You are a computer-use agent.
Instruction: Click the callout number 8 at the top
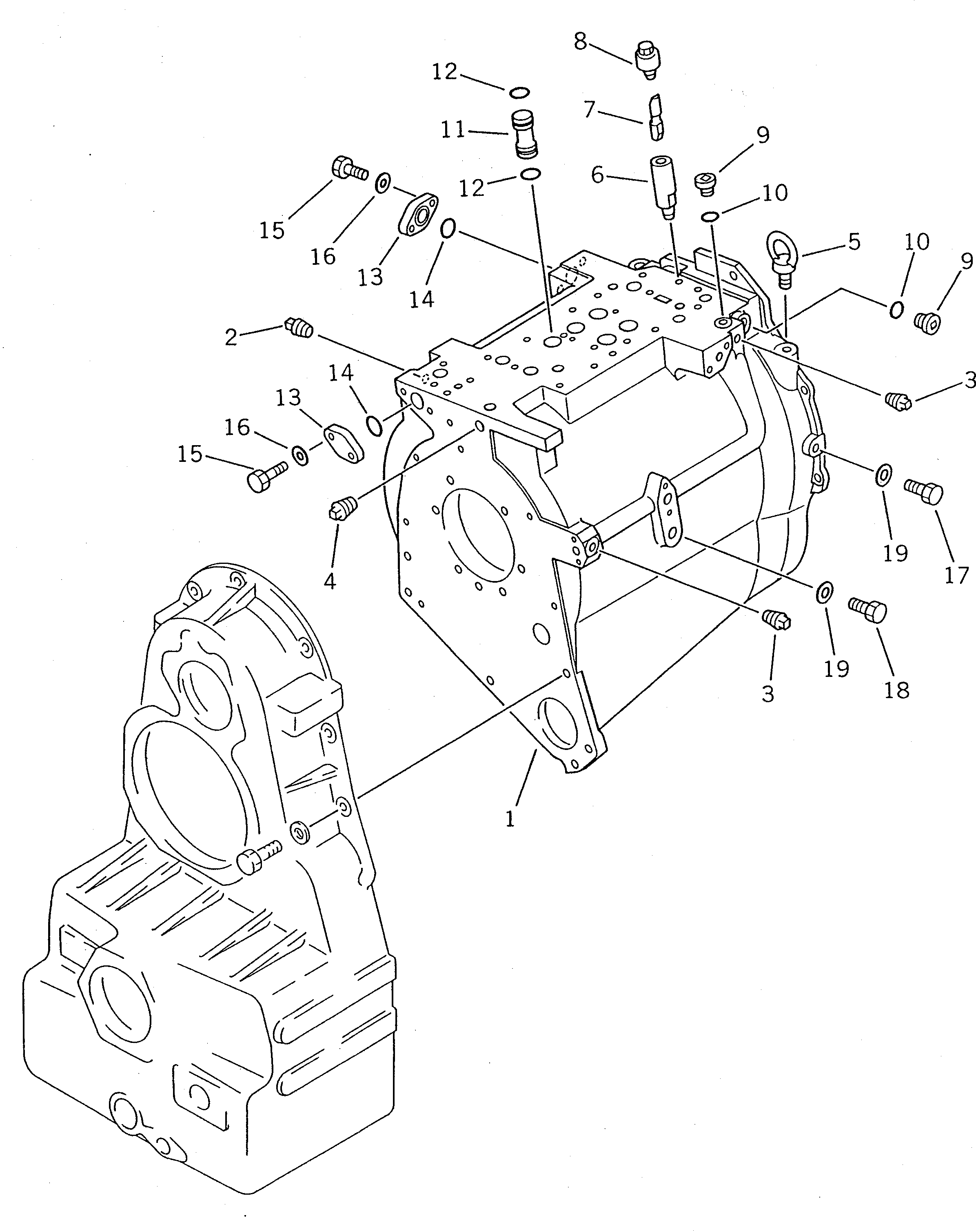[x=580, y=41]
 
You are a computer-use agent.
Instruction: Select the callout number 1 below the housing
[x=510, y=819]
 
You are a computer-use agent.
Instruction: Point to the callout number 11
[x=453, y=130]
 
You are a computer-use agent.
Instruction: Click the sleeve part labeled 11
[x=523, y=135]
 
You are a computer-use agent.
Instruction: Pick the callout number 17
[x=956, y=574]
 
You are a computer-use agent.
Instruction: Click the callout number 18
[x=896, y=690]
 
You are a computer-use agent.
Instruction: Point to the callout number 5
[x=854, y=242]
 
